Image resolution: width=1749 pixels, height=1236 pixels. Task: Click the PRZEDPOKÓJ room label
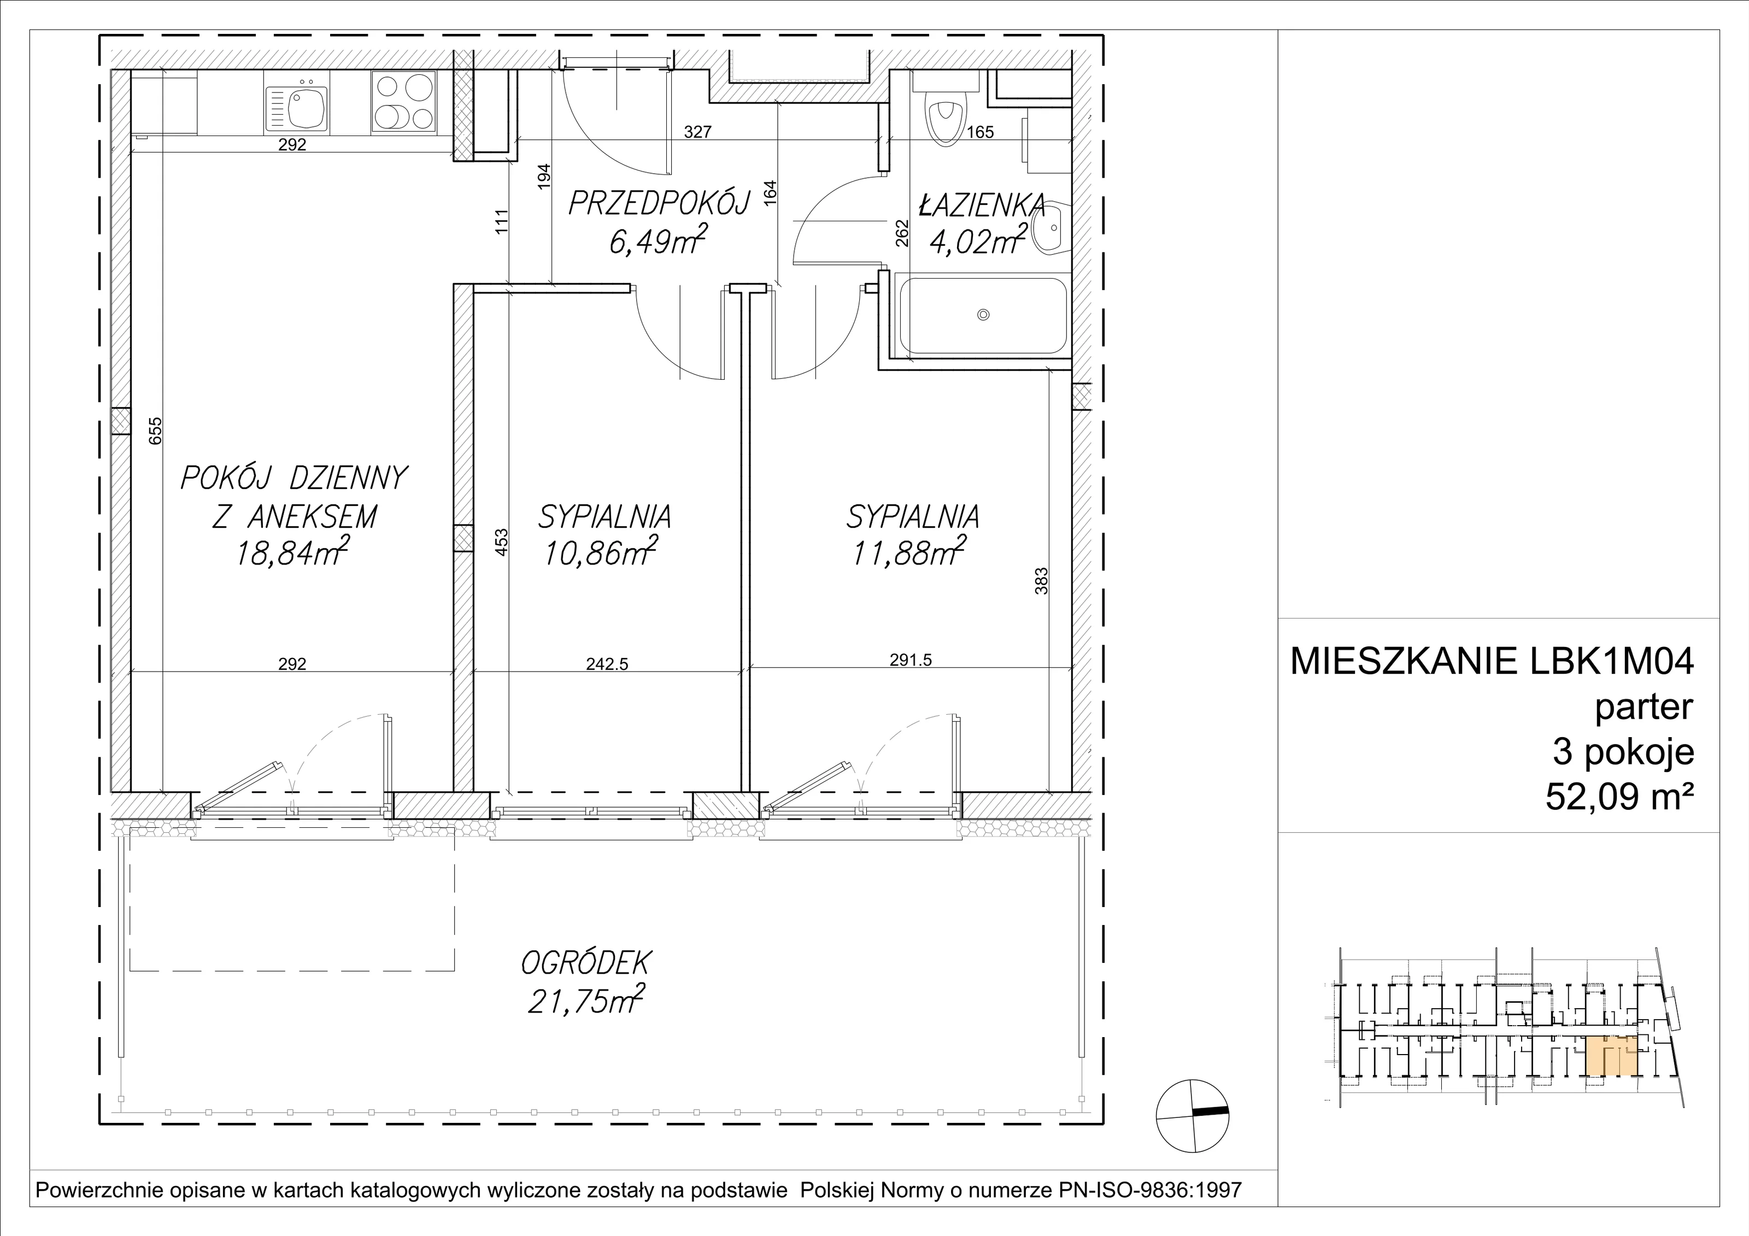click(x=660, y=203)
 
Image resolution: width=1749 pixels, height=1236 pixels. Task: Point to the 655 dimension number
click(x=155, y=431)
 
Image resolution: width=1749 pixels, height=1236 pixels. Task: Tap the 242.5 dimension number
click(x=607, y=663)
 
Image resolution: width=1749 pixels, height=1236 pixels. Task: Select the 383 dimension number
click(x=1041, y=580)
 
